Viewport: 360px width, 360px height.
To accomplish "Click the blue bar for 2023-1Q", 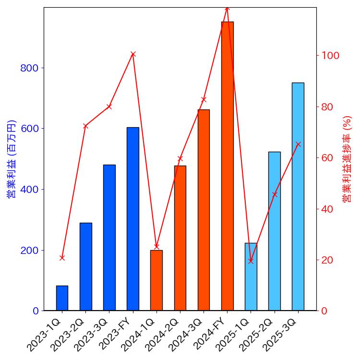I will [x=62, y=298].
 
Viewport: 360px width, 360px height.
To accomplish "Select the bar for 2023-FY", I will [x=133, y=219].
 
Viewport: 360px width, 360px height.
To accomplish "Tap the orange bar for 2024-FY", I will [x=227, y=166].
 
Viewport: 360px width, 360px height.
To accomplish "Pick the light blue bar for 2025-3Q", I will [x=298, y=197].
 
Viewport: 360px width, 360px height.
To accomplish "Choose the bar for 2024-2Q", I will [x=180, y=238].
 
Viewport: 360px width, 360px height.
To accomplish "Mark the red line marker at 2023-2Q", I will [x=85, y=126].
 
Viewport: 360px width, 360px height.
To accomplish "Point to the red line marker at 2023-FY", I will [x=133, y=54].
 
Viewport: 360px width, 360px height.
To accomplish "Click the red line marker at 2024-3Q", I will [x=204, y=99].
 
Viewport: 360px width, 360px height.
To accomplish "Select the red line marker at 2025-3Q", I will [x=298, y=144].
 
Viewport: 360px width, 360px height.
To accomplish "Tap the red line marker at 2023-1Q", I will [x=62, y=258].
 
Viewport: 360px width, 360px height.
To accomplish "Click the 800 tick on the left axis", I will [x=29, y=68].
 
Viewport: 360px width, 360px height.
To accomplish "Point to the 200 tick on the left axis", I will [x=29, y=250].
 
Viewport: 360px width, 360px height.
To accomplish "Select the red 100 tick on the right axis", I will [x=330, y=56].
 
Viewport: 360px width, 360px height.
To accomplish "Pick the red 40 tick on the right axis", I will [x=327, y=209].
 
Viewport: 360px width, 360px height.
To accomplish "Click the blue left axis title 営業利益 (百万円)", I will [x=11, y=159].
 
